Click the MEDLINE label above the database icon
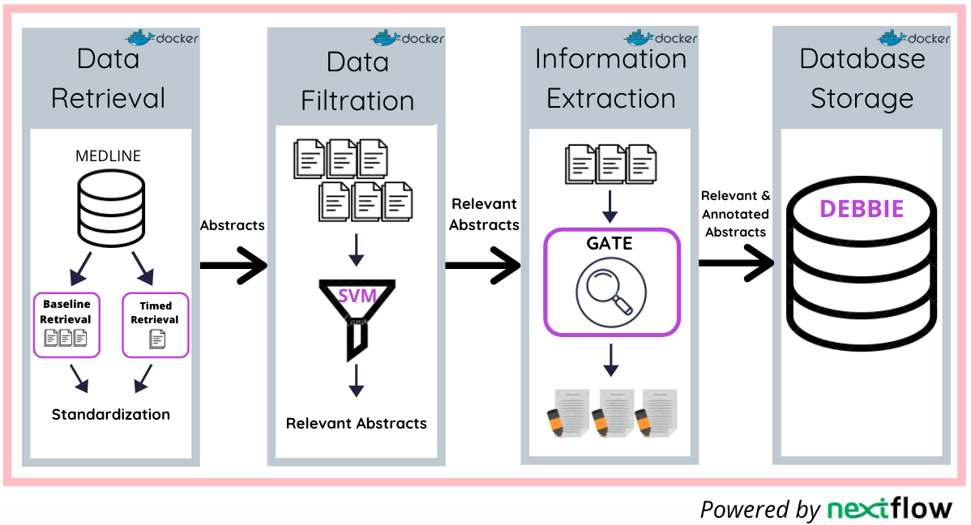click(x=109, y=156)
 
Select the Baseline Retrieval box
click(x=66, y=324)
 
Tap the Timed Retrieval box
click(x=155, y=324)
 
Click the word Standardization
click(x=111, y=414)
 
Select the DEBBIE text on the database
click(x=862, y=208)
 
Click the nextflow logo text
click(x=889, y=509)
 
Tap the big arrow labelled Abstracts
click(x=233, y=262)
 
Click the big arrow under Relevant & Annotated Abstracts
click(x=735, y=262)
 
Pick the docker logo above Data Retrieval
click(x=162, y=37)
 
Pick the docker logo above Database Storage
click(x=913, y=37)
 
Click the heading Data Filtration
click(x=357, y=81)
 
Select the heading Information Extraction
click(x=611, y=79)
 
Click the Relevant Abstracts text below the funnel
click(x=356, y=423)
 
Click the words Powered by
click(x=759, y=510)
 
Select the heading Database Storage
click(x=862, y=79)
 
